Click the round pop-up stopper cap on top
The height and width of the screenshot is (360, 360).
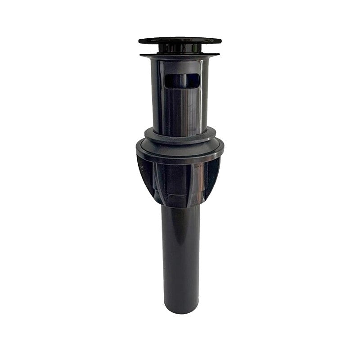180,40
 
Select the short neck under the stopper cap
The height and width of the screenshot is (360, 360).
180,49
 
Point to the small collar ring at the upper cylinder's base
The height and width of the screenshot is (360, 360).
180,134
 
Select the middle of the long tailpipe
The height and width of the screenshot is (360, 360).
180,256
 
